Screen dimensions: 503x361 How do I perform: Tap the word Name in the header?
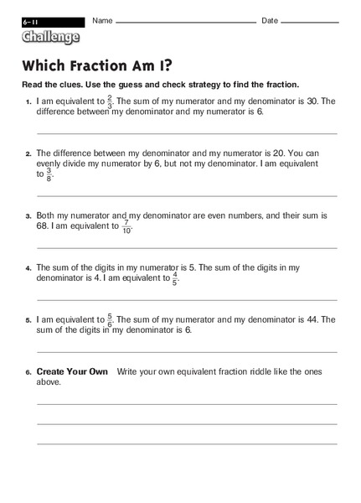click(x=103, y=20)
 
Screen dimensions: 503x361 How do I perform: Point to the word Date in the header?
click(x=270, y=20)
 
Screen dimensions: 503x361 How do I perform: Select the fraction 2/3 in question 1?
click(x=110, y=102)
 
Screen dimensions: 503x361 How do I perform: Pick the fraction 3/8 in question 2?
click(x=49, y=174)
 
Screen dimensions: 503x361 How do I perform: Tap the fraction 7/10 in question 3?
click(x=127, y=226)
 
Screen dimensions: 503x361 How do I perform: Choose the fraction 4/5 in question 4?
click(x=175, y=278)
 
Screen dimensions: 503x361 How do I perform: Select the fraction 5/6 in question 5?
click(x=110, y=319)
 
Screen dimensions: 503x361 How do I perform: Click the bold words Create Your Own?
click(x=72, y=371)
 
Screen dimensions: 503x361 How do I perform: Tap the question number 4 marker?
click(x=28, y=268)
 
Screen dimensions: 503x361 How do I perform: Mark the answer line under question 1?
click(x=187, y=133)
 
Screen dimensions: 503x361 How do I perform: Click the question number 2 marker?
click(x=28, y=154)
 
